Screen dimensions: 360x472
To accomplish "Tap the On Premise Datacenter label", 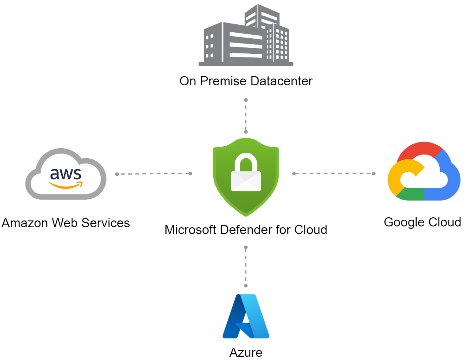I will pyautogui.click(x=246, y=81).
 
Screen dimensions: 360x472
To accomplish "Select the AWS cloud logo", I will pyautogui.click(x=66, y=174).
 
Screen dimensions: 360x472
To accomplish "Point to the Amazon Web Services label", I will pyautogui.click(x=66, y=223).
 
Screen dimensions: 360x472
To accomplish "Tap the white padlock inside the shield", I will pyautogui.click(x=246, y=174).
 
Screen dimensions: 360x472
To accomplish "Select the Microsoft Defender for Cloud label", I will pyautogui.click(x=246, y=230).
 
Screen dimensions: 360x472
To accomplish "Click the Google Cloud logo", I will pyautogui.click(x=424, y=171).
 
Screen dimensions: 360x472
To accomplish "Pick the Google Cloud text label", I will pyautogui.click(x=422, y=222).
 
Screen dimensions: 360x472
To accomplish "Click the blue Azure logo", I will pyautogui.click(x=246, y=317).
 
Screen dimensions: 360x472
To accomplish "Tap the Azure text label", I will pyautogui.click(x=246, y=352).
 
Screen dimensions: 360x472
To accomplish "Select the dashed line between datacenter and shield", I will pyautogui.click(x=246, y=116).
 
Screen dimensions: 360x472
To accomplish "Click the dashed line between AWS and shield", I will pyautogui.click(x=153, y=174).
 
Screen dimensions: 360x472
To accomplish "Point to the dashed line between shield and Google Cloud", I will pyautogui.click(x=334, y=173).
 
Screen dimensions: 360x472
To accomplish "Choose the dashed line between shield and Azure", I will pyautogui.click(x=246, y=267).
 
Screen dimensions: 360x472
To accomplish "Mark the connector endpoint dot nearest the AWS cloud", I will pyautogui.click(x=117, y=174).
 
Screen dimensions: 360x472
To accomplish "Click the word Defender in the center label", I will pyautogui.click(x=256, y=230).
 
